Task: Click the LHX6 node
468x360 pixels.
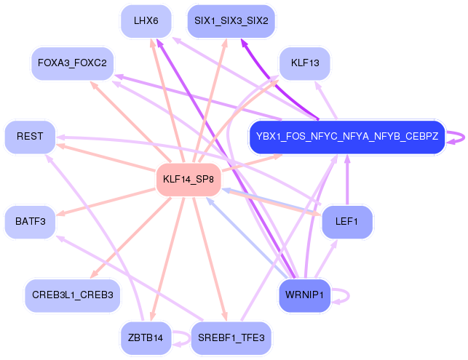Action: coord(146,21)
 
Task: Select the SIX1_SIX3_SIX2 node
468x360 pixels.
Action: coord(231,21)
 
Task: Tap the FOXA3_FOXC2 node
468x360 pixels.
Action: coord(73,63)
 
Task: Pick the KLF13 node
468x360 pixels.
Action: coord(305,63)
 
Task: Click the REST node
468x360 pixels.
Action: coord(30,137)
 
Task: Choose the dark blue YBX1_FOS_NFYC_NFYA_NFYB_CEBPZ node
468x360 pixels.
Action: coord(347,137)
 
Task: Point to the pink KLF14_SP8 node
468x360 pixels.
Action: coord(189,180)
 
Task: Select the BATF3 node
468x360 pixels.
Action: coord(30,223)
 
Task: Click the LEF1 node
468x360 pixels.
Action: coord(347,223)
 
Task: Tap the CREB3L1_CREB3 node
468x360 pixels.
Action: coord(73,295)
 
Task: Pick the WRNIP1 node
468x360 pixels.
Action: coord(305,295)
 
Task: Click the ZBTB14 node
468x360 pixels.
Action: coord(146,338)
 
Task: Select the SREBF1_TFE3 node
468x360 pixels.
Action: coord(231,338)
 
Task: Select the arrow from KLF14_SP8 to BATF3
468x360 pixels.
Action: coord(106,202)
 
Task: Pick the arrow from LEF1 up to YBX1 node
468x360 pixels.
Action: coord(347,180)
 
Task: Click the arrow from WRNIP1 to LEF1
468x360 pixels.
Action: coord(326,259)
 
